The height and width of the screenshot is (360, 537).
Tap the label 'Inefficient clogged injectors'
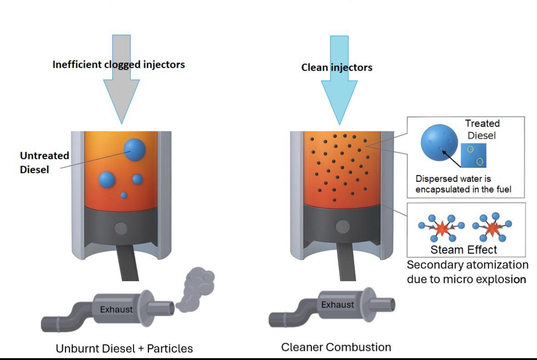click(x=118, y=64)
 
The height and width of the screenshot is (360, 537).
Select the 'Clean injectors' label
click(x=337, y=67)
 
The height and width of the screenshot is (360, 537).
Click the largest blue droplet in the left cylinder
click(x=135, y=149)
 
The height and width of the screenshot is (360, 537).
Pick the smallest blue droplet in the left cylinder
click(x=124, y=195)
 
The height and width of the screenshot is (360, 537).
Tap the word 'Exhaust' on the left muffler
click(x=116, y=309)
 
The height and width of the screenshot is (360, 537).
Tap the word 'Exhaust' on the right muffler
click(x=338, y=304)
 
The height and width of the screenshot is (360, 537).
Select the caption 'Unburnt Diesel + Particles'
click(x=124, y=349)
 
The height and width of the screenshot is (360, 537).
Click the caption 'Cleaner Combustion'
click(x=336, y=347)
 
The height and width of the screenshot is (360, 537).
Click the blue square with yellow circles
click(x=474, y=155)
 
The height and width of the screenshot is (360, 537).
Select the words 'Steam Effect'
click(x=464, y=250)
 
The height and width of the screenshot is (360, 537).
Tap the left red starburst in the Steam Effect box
click(x=440, y=228)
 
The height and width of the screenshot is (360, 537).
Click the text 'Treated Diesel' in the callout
click(x=482, y=129)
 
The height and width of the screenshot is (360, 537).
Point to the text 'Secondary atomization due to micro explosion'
click(x=467, y=272)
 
